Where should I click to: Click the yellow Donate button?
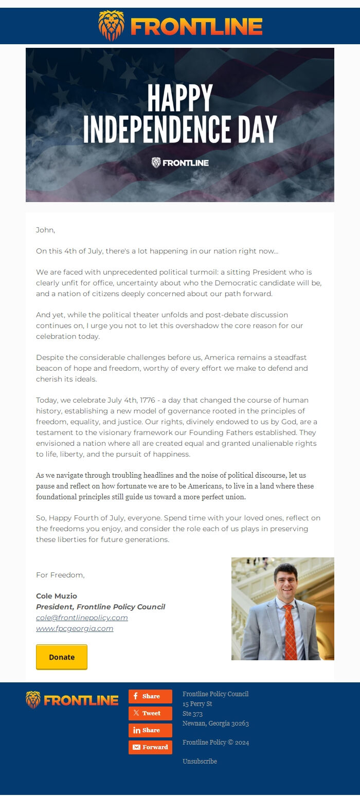[x=62, y=657]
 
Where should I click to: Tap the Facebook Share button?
[x=150, y=696]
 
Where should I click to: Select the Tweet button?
[x=150, y=713]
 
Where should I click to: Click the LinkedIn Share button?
[x=150, y=730]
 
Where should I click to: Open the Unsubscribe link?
[x=200, y=761]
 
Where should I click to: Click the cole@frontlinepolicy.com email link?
[x=82, y=618]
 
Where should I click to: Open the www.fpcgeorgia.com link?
[x=75, y=628]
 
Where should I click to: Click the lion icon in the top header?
[x=111, y=25]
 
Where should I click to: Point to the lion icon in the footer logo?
[x=33, y=700]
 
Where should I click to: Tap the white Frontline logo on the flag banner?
[x=180, y=163]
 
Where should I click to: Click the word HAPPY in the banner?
[x=180, y=98]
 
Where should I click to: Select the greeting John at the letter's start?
[x=45, y=230]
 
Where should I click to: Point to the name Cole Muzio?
[x=57, y=596]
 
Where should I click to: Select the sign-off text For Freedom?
[x=60, y=575]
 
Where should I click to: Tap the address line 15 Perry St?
[x=197, y=703]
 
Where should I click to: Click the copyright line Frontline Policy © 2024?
[x=215, y=742]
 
